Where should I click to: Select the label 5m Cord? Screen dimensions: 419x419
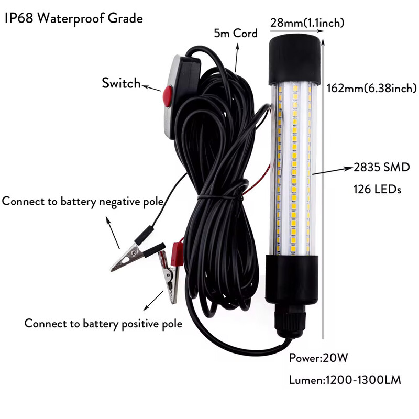click(236, 34)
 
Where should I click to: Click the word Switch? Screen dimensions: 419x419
click(121, 83)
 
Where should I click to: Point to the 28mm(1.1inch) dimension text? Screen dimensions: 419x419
click(307, 23)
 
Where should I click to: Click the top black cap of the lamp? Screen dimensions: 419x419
click(294, 58)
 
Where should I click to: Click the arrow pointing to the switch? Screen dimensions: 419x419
click(151, 87)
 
